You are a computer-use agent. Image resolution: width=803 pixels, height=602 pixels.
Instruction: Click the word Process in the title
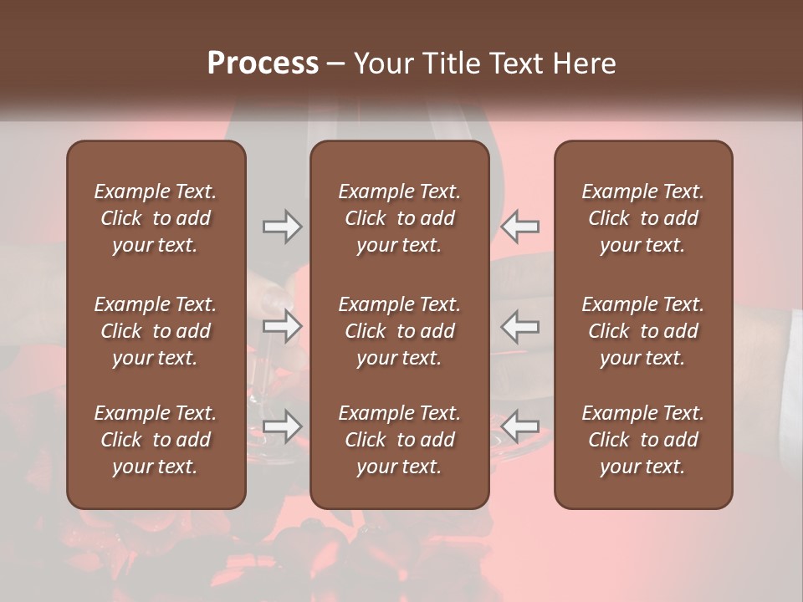(263, 64)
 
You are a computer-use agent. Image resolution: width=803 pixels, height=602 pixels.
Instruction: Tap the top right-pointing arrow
(283, 227)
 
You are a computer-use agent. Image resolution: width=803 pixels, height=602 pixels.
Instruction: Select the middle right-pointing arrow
(283, 326)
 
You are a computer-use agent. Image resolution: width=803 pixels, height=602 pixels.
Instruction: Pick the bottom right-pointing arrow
(283, 426)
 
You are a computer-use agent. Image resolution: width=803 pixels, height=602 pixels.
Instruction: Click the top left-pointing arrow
(520, 227)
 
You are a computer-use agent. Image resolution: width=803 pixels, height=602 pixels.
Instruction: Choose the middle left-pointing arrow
(520, 326)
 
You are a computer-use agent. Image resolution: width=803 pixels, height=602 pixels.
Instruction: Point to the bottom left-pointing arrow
(520, 426)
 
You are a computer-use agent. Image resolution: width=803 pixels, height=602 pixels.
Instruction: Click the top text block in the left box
(156, 218)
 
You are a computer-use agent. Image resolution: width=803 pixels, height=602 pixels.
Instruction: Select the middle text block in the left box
(156, 331)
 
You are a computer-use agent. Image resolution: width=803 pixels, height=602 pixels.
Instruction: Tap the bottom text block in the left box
(156, 440)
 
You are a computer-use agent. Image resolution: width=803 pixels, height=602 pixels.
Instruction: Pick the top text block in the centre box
(399, 218)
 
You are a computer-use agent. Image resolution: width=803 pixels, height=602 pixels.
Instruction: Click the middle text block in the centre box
(399, 331)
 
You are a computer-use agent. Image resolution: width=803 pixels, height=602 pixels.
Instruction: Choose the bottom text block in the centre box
(399, 440)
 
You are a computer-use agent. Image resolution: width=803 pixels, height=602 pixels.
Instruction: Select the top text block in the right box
(643, 218)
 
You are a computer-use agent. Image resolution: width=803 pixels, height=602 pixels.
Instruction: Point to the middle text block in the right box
(643, 331)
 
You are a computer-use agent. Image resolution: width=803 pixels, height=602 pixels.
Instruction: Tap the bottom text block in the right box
(643, 440)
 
